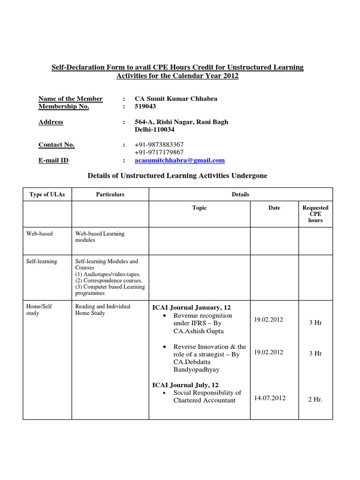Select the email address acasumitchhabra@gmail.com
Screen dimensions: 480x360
pos(180,160)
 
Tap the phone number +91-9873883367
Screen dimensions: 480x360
pos(159,144)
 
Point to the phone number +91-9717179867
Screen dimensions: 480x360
pos(159,152)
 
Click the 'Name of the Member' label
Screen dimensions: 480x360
pos(70,98)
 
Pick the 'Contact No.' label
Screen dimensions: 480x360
pos(56,144)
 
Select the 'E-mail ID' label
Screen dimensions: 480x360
pos(53,160)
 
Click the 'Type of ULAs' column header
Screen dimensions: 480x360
pos(47,195)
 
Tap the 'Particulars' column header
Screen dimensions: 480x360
pos(110,195)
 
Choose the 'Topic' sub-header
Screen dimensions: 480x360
pos(199,208)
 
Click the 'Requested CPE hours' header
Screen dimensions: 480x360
pos(315,214)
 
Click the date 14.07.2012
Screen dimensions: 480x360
pos(270,398)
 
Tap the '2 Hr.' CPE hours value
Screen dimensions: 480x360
pos(315,399)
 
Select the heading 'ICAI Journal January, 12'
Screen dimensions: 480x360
pos(191,307)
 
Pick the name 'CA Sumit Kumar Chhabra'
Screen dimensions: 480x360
pos(176,98)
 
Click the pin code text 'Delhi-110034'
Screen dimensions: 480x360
pos(155,129)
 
